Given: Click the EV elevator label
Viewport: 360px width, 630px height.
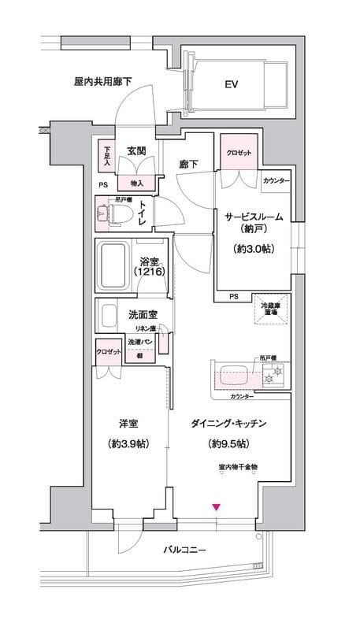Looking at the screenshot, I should pyautogui.click(x=232, y=84).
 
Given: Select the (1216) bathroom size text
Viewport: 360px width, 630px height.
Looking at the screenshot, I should pyautogui.click(x=150, y=272).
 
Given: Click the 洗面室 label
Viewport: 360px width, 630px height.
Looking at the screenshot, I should pyautogui.click(x=142, y=314).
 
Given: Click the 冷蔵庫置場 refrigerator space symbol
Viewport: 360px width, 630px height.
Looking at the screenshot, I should pyautogui.click(x=270, y=313).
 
